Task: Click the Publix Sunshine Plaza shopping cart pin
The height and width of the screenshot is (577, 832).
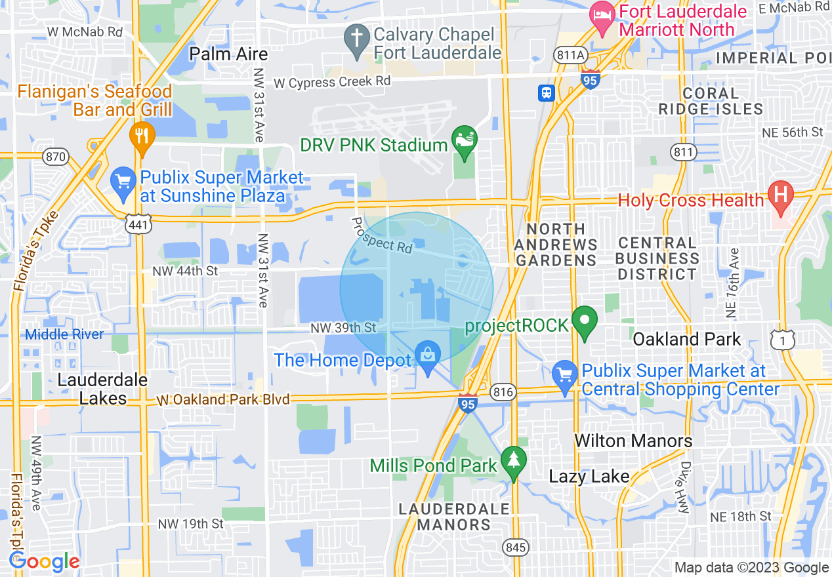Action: click(122, 182)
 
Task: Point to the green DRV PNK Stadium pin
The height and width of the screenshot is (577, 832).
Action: click(465, 140)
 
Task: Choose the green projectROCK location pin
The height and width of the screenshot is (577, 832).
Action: click(585, 322)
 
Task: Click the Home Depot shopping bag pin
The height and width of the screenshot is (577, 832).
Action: click(428, 357)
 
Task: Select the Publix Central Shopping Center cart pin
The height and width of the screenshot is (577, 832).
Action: click(565, 376)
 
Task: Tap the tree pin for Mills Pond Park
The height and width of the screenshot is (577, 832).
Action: click(514, 461)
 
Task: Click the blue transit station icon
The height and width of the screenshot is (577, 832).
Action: click(547, 93)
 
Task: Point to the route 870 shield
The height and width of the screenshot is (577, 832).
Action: click(55, 156)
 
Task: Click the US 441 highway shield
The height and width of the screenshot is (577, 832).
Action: click(142, 225)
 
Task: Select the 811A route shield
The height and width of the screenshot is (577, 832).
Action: click(569, 56)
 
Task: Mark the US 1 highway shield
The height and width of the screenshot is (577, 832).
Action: click(783, 340)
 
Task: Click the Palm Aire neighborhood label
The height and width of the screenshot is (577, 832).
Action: click(228, 54)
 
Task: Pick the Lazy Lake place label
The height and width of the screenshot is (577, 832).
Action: click(589, 476)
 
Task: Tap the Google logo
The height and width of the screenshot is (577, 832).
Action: click(45, 562)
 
